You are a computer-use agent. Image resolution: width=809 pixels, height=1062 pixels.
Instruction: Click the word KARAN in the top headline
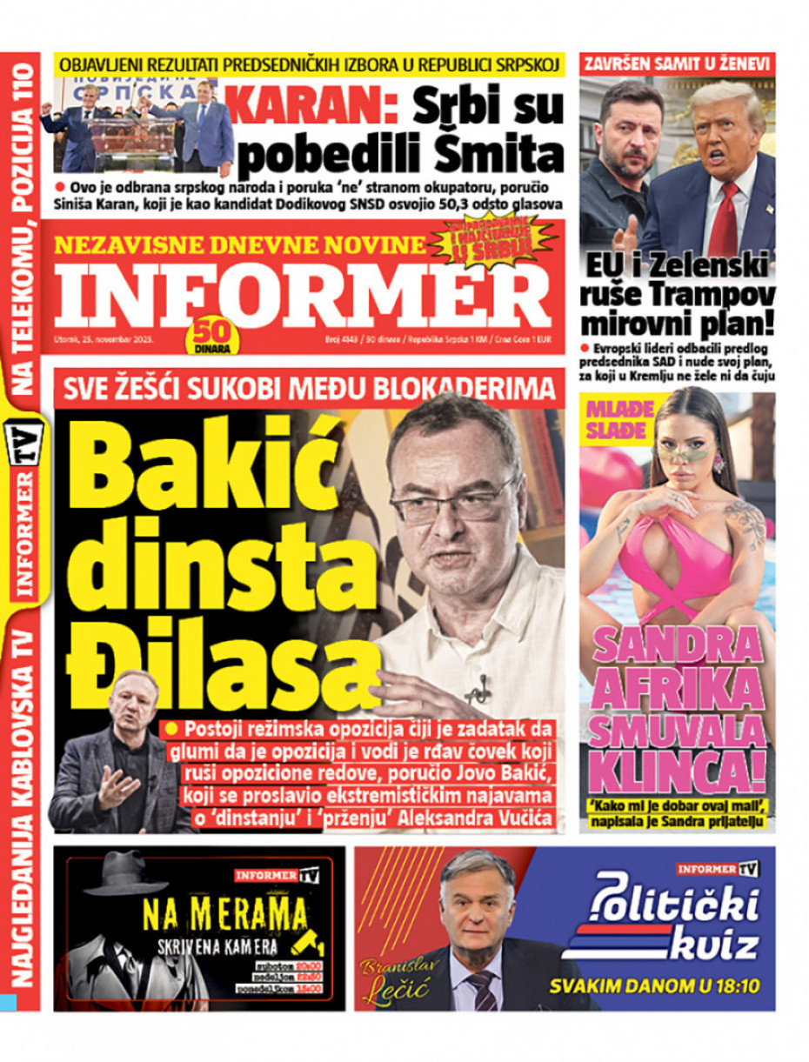(315, 110)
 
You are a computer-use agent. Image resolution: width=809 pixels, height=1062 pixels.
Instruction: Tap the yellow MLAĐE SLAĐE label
(616, 418)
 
